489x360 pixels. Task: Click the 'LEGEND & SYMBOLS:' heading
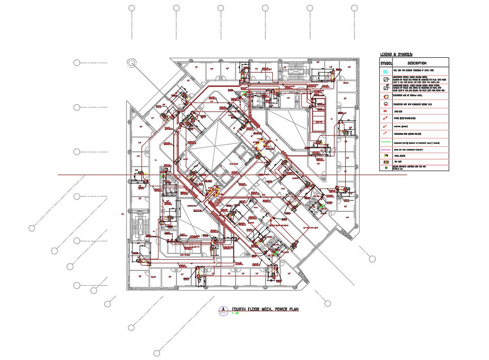pyautogui.click(x=396, y=54)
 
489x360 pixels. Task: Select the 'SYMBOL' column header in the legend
pyautogui.click(x=386, y=63)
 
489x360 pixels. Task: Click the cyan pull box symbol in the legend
pyautogui.click(x=386, y=71)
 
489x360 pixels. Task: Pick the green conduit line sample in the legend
pyautogui.click(x=386, y=141)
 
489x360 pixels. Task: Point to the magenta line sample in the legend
pyautogui.click(x=386, y=149)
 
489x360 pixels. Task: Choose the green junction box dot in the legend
pyautogui.click(x=385, y=167)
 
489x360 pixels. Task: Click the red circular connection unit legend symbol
pyautogui.click(x=386, y=103)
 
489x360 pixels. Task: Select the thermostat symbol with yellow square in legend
pyautogui.click(x=386, y=96)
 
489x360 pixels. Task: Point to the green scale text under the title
pyautogui.click(x=235, y=313)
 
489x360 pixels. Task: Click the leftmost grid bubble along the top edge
pyautogui.click(x=132, y=8)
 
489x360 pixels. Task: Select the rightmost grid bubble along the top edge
pyautogui.click(x=354, y=8)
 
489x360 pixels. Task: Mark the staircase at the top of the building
pyautogui.click(x=296, y=69)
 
